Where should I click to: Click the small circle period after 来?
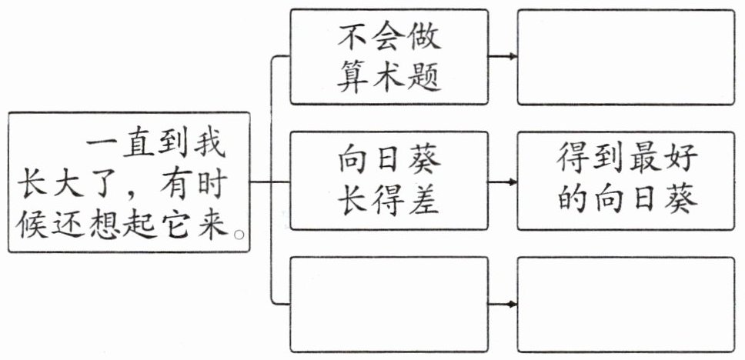239,234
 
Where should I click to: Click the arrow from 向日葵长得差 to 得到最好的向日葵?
503,182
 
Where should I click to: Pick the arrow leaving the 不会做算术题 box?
503,56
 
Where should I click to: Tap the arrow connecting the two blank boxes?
503,304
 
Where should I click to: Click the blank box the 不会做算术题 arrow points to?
626,57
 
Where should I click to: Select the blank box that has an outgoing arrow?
389,305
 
